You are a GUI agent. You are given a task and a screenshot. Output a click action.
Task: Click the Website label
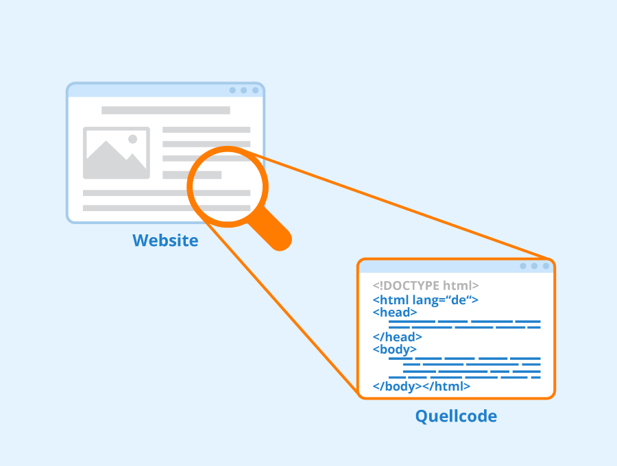(x=165, y=241)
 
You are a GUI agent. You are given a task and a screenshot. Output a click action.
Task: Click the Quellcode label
(x=456, y=416)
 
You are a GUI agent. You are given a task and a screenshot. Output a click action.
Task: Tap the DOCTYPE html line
(x=425, y=285)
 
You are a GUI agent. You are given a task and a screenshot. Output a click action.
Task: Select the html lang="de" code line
(x=425, y=299)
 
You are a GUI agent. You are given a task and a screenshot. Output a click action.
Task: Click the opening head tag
(x=395, y=312)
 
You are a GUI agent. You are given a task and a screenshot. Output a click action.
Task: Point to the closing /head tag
(x=398, y=336)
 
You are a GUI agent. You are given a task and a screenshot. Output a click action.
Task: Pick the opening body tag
(x=394, y=349)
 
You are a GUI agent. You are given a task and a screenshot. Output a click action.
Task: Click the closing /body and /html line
(x=422, y=387)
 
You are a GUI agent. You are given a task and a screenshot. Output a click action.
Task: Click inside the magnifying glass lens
(x=228, y=186)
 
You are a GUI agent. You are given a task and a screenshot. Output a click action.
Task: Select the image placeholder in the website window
(x=117, y=153)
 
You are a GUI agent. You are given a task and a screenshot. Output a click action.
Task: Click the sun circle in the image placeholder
(x=132, y=139)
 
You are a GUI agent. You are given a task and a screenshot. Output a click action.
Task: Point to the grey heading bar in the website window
(x=166, y=110)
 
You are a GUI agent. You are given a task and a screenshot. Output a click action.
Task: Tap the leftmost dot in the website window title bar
(x=232, y=90)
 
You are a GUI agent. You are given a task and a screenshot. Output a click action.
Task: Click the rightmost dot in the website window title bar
(x=256, y=90)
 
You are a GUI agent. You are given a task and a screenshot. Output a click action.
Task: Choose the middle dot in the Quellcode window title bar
(x=534, y=266)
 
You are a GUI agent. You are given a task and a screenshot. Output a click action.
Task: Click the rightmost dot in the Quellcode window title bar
(x=546, y=266)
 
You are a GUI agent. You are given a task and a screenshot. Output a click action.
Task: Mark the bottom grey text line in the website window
(x=167, y=208)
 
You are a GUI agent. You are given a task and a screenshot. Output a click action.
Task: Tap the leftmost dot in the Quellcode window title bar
(x=523, y=266)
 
